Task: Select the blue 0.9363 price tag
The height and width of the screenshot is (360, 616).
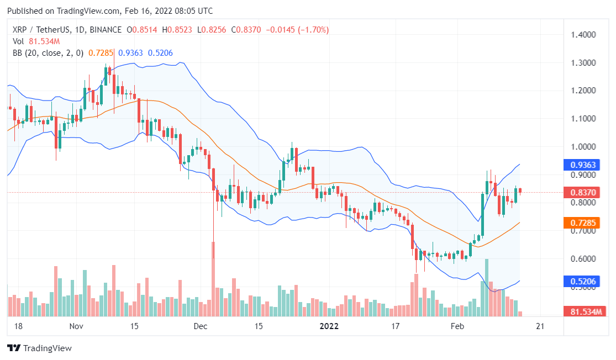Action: [578, 165]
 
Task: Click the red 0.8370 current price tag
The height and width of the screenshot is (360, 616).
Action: [578, 192]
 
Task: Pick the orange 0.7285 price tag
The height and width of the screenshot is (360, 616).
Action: [578, 223]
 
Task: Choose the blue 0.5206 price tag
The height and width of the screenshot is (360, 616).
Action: [578, 282]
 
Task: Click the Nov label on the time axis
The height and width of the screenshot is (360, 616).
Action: [76, 326]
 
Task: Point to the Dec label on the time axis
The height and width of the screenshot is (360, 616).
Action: [200, 326]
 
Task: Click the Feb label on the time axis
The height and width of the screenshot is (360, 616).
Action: [457, 326]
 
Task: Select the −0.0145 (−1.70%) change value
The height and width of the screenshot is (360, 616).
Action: [297, 30]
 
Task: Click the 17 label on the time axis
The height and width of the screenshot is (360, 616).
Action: [396, 326]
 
